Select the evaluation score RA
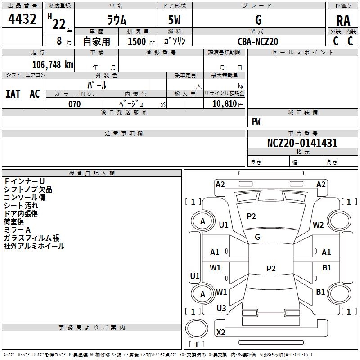(343, 21)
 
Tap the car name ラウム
(117, 20)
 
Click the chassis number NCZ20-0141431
(302, 143)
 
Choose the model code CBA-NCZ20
(258, 41)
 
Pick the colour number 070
(74, 104)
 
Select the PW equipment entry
(256, 121)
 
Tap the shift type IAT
(13, 94)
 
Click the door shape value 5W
(175, 20)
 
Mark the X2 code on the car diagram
(221, 332)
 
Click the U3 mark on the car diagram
(221, 308)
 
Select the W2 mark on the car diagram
(319, 225)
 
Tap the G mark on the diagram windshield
(257, 237)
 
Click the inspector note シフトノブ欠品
(28, 189)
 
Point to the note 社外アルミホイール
(34, 246)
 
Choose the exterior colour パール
(97, 85)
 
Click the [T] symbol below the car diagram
(197, 345)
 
